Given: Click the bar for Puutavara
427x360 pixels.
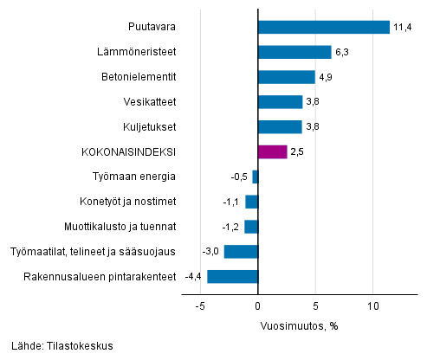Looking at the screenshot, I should point(324,27).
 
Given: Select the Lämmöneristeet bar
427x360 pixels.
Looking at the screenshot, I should point(294,52).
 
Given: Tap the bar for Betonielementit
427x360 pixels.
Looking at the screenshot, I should point(287,77).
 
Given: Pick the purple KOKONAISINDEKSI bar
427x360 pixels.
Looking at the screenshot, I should point(273,152).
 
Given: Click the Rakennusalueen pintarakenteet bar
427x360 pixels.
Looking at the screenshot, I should point(232,277).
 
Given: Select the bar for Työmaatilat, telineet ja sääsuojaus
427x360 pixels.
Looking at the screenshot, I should point(241,252).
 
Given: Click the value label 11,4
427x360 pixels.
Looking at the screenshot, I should point(403,27).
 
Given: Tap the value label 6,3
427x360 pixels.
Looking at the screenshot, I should point(343,52).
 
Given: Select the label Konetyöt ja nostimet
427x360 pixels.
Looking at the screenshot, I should point(127,202).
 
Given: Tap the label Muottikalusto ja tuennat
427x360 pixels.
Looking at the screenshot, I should point(120,227).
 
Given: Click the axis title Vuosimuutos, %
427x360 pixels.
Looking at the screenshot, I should point(299,326).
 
